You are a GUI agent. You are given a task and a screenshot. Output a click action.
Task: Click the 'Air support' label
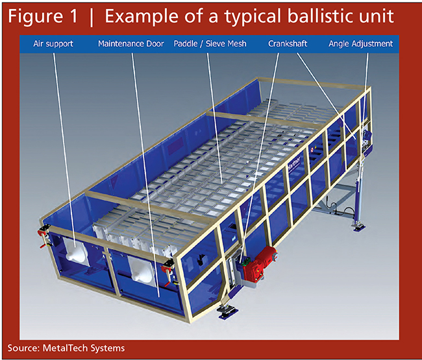tap(53, 44)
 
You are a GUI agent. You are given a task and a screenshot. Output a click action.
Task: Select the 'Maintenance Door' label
tap(130, 43)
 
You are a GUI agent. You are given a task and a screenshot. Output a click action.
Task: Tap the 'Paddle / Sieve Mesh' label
tap(210, 43)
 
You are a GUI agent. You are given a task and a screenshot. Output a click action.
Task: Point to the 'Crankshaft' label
tap(288, 43)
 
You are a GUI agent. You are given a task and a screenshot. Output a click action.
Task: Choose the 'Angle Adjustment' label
tap(360, 44)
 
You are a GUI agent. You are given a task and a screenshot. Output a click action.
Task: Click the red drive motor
tap(258, 264)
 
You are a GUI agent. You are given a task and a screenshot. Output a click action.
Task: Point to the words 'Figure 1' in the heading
tap(43, 17)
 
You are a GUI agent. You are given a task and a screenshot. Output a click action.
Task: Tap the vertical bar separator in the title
tap(92, 18)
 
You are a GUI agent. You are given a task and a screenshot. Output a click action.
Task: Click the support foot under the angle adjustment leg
tap(359, 226)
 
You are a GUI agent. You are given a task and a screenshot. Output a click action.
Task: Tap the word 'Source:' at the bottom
tap(24, 348)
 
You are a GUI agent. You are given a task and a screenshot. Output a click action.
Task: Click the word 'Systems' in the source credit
tap(108, 348)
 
